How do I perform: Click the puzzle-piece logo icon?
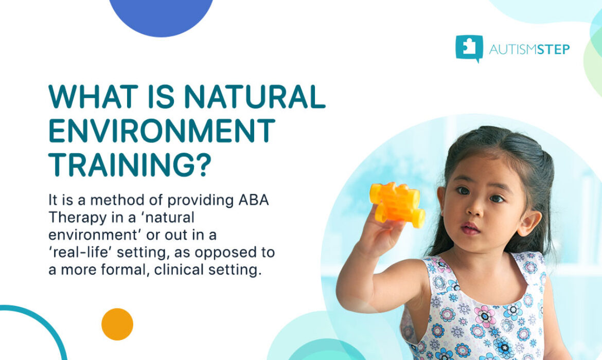[469, 48]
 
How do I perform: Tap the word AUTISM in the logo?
[510, 49]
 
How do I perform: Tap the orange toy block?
[397, 204]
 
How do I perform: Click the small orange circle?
[117, 324]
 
